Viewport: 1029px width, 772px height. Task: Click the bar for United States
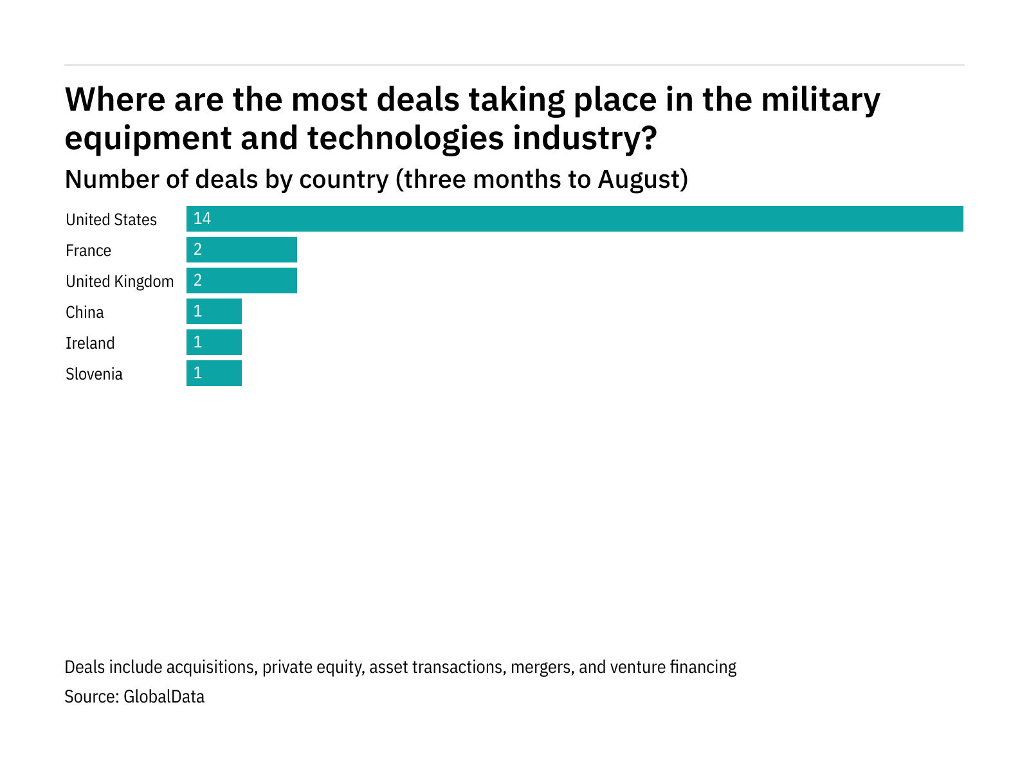pos(574,219)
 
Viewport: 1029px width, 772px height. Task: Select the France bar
pos(242,250)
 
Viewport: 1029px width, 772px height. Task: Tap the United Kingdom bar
pos(242,280)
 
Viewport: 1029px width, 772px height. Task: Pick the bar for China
pos(214,311)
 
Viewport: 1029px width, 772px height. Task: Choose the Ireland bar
pos(214,342)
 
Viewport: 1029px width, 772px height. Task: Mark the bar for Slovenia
pos(214,373)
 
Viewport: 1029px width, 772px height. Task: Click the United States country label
pos(111,220)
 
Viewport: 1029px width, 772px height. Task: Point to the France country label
pos(88,251)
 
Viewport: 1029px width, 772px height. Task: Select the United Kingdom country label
pos(120,282)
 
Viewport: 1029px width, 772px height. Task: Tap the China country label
pos(84,313)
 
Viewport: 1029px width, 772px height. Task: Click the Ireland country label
pos(90,344)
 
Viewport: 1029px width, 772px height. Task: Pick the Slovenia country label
pos(94,374)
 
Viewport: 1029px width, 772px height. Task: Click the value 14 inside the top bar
pos(202,219)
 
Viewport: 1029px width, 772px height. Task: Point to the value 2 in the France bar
pos(198,250)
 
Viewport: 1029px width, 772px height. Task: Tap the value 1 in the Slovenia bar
pos(198,373)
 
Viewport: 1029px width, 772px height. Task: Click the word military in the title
pos(821,100)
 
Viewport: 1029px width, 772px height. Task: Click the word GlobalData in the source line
pos(164,697)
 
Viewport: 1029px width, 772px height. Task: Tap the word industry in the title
pos(584,138)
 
